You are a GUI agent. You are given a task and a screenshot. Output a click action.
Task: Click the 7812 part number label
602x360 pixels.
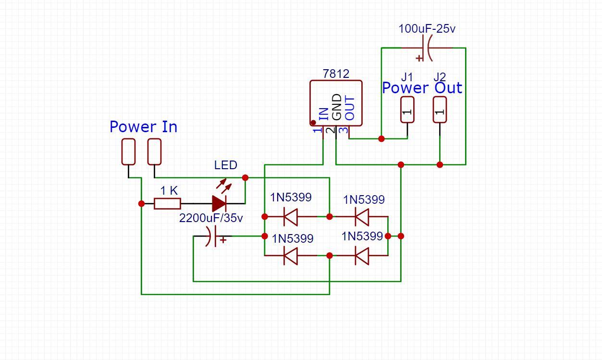coord(336,74)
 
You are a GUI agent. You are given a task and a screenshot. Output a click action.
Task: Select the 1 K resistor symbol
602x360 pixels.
coord(167,204)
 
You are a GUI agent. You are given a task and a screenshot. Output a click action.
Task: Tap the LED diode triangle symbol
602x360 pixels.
coord(219,204)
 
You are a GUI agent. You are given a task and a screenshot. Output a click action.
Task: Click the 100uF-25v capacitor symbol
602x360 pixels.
coord(426,48)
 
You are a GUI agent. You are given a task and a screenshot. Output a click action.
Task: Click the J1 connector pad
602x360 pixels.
coord(407,110)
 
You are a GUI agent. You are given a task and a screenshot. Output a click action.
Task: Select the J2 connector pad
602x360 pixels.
coord(440,110)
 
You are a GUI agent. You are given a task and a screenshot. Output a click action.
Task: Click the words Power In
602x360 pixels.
coord(143,127)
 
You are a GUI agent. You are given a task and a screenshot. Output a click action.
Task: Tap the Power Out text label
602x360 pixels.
coord(422,88)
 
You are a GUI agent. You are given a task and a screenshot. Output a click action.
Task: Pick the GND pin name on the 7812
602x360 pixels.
coord(337,108)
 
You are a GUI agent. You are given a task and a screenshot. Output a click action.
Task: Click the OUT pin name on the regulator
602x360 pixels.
coord(350,109)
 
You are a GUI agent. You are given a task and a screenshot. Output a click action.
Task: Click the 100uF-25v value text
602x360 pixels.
coord(427,29)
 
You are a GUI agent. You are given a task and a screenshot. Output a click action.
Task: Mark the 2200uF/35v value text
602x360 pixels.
coord(211,218)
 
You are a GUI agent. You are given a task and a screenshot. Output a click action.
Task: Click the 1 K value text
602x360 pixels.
coord(169,191)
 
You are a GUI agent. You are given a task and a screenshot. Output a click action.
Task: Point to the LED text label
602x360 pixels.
coord(225,165)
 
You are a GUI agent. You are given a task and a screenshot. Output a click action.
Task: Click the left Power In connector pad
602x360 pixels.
coord(128,151)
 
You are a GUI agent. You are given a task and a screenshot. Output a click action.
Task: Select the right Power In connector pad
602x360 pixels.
coord(154,151)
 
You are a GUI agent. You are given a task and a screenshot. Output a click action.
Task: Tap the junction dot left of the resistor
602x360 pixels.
coord(141,204)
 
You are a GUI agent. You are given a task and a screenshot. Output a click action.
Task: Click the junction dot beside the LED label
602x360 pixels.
coord(245,178)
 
